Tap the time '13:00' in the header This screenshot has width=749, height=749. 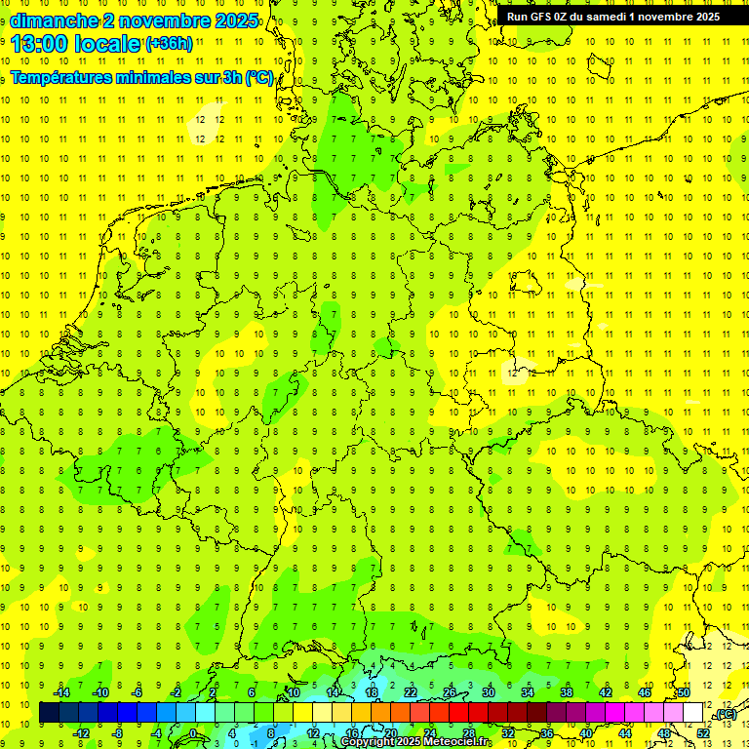tap(42, 43)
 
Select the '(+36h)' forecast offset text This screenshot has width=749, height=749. tap(169, 43)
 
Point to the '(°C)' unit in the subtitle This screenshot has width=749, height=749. tap(259, 78)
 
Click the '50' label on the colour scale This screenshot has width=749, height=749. tap(684, 692)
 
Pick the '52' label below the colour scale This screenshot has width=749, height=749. tap(702, 733)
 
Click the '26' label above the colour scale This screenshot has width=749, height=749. tap(450, 692)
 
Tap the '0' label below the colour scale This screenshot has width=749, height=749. tap(193, 733)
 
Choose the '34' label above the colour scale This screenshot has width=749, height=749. tap(528, 692)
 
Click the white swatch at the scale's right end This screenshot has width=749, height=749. tap(692, 713)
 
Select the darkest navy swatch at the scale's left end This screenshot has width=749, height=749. tap(49, 713)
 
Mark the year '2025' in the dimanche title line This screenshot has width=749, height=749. tap(231, 20)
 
